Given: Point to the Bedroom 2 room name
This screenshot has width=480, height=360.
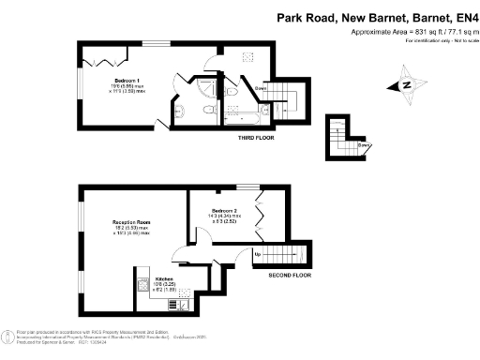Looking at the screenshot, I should tap(224, 210).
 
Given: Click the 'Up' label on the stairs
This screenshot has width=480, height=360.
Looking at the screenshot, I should tap(258, 254).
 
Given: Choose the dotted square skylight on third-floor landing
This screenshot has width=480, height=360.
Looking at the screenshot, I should tap(247, 58).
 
